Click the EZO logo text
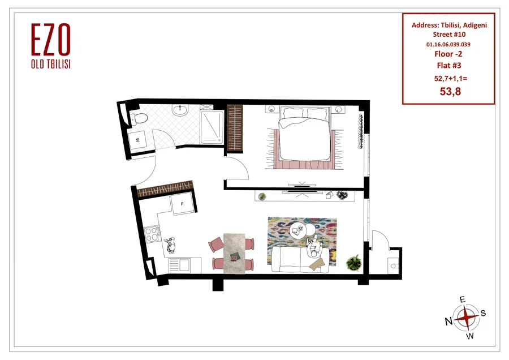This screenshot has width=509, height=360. click(x=51, y=39)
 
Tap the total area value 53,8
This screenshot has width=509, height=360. click(x=450, y=92)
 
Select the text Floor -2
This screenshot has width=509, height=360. click(x=448, y=54)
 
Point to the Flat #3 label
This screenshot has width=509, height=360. click(x=449, y=65)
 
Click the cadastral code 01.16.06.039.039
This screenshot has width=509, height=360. click(x=448, y=44)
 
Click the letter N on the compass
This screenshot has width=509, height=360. click(x=448, y=322)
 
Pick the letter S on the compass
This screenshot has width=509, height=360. click(x=483, y=313)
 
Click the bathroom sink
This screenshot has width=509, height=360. click(x=180, y=110)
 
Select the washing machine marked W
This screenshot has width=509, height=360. click(x=137, y=140)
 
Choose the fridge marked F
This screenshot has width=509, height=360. click(x=183, y=203)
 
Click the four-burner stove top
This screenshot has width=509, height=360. click(x=152, y=234)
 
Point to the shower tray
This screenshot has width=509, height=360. click(x=212, y=127)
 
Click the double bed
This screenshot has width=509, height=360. click(x=304, y=134)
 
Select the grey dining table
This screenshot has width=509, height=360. click(x=234, y=253)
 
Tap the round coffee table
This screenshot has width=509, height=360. click(x=298, y=230)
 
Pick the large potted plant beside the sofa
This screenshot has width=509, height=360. click(x=354, y=263)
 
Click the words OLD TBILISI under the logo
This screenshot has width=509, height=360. click(x=51, y=65)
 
